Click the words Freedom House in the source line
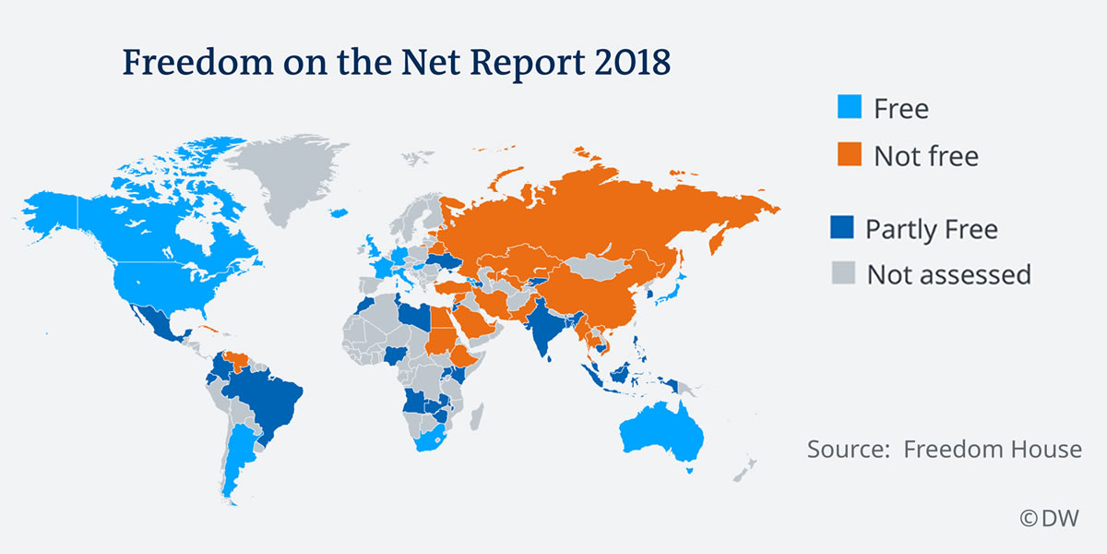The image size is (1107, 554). (x=993, y=450)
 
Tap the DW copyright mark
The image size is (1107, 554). (x=1049, y=519)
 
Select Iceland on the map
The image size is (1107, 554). (x=339, y=213)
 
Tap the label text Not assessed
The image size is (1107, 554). (x=948, y=274)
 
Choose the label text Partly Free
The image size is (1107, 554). (x=932, y=229)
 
